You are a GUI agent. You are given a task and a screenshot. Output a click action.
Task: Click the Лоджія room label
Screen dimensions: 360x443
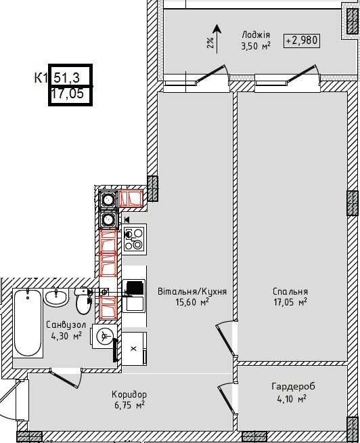[x=256, y=35]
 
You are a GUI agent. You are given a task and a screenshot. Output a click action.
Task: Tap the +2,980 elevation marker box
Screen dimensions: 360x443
[x=302, y=41]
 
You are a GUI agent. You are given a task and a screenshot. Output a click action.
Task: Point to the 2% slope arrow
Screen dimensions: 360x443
[x=217, y=39]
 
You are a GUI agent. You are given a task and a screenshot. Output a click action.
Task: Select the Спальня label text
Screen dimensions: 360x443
[x=290, y=291]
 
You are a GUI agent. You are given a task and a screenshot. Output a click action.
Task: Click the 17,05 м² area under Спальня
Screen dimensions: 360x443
[x=290, y=302]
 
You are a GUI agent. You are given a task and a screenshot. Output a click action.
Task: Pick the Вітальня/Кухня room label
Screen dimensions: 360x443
[x=192, y=291]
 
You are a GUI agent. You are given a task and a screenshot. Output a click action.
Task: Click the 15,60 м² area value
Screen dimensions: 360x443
[x=192, y=302]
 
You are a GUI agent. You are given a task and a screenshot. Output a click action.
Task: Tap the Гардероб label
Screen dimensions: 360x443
[x=293, y=386]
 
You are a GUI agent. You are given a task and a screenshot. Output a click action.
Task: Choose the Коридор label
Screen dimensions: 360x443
[x=129, y=394]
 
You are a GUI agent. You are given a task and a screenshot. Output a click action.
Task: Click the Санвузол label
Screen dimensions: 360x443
[x=66, y=325]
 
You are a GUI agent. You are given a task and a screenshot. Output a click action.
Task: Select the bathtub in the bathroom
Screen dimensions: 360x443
[x=27, y=323]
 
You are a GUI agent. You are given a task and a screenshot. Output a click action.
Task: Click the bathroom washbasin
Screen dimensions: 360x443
[x=56, y=297]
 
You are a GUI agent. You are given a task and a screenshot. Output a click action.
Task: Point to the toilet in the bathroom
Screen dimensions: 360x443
[x=84, y=301]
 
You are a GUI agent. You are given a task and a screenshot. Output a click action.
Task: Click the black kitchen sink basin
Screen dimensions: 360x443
[x=135, y=288]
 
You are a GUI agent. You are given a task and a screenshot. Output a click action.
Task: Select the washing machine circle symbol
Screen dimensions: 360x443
[x=105, y=336]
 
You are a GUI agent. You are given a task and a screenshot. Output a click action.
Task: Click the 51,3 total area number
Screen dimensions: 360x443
[x=66, y=77]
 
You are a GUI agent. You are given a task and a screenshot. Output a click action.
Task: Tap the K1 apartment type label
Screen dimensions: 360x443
[x=41, y=78]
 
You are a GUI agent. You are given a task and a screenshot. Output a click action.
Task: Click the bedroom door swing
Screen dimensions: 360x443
[x=227, y=339]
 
